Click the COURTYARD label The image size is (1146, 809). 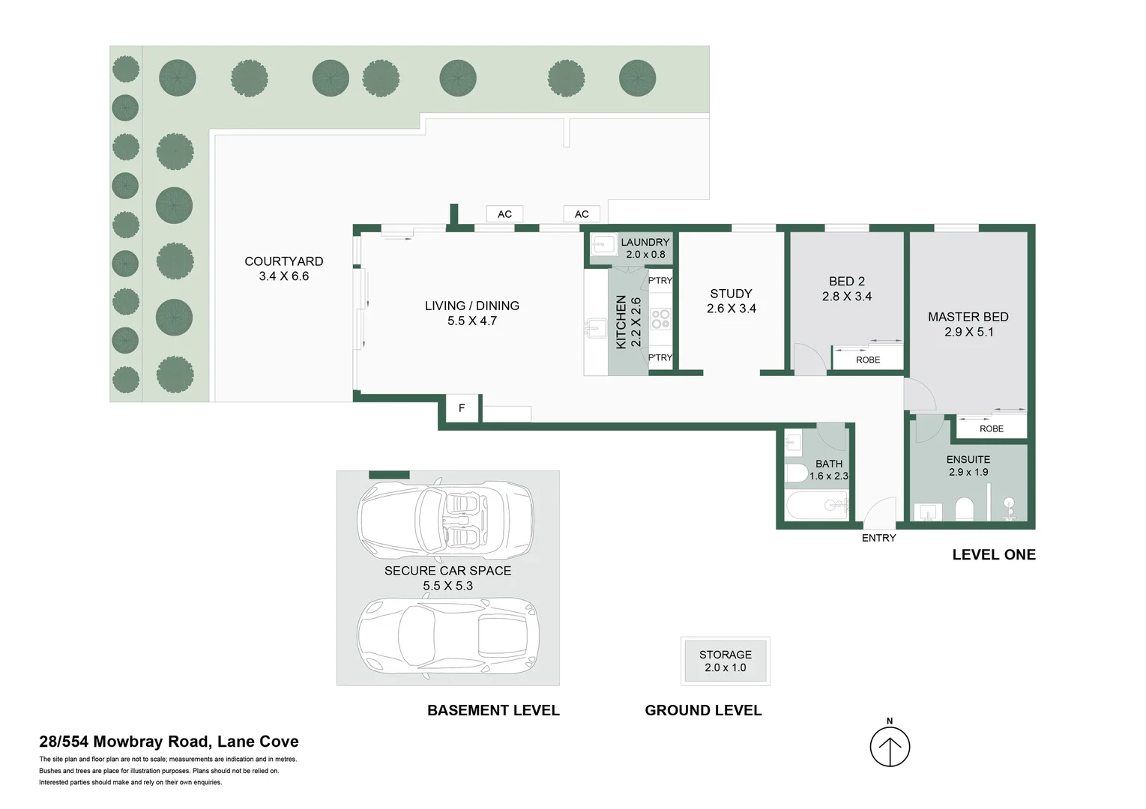283,261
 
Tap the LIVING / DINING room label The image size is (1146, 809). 471,306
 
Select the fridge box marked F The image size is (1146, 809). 461,408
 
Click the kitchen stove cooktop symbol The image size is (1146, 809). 660,319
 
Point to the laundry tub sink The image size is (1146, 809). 603,245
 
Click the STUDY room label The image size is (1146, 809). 731,294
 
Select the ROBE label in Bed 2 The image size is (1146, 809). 868,360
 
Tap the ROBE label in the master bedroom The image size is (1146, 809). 991,428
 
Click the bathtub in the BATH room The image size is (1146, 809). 817,505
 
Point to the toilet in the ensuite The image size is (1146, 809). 964,509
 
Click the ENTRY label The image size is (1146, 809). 878,538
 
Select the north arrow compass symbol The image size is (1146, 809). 890,746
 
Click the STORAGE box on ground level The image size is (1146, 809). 726,661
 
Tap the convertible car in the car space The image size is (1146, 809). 445,517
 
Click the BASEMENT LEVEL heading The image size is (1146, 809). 493,710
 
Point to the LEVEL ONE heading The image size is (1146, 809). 994,555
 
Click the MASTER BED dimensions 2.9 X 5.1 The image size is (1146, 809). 968,332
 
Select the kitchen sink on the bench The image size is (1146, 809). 596,327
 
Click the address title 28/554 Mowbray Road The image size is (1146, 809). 169,742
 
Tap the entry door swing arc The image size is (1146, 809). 879,512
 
